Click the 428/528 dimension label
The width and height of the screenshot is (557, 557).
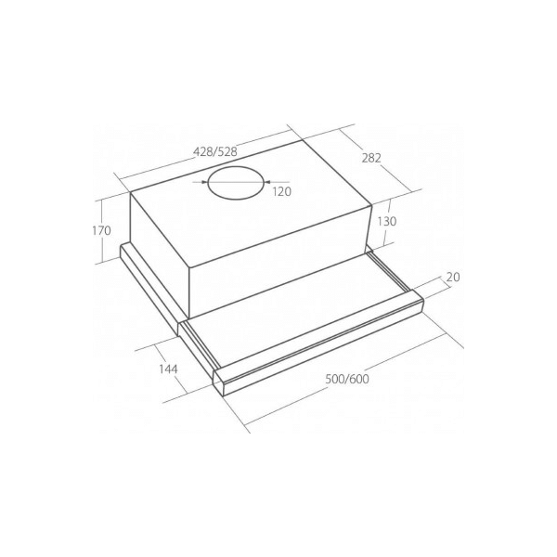click(215, 151)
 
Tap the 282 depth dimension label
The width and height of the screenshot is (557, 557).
click(371, 158)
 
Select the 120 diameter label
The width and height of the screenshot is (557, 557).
click(282, 191)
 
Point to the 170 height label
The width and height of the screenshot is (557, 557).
click(101, 230)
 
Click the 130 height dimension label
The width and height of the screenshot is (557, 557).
click(387, 221)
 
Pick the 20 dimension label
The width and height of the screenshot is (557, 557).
click(453, 277)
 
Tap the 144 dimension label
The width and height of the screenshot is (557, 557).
click(168, 369)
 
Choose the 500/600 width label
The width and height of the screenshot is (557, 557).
click(347, 379)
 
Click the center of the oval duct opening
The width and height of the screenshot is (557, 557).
click(237, 182)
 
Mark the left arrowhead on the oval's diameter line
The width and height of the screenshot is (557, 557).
click(204, 182)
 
